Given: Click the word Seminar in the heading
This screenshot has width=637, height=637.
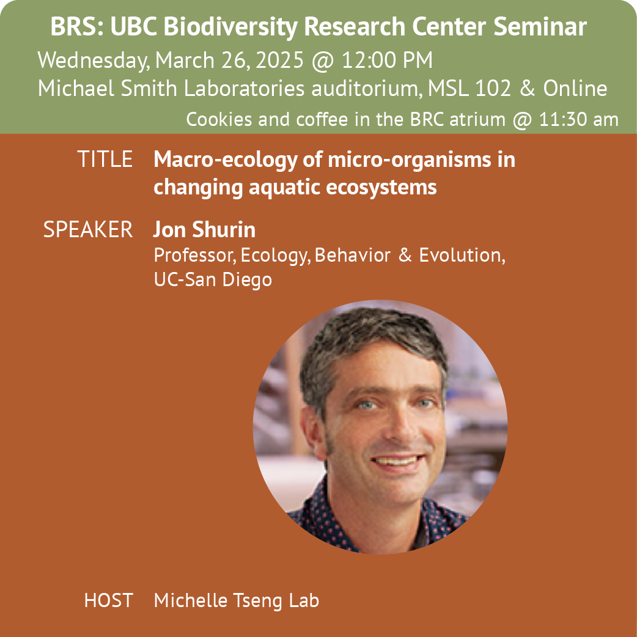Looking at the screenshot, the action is click(540, 27).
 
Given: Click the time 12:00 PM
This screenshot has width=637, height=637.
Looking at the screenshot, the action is click(387, 60).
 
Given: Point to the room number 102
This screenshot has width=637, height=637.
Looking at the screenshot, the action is click(492, 88).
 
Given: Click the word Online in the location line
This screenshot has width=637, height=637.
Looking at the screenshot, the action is click(575, 88).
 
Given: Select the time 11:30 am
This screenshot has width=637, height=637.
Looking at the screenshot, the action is click(578, 119).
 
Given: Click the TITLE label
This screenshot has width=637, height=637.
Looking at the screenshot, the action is click(105, 159).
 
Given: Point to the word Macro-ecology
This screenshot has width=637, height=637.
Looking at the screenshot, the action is click(226, 160).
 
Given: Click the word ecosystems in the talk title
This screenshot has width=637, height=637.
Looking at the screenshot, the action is click(381, 188).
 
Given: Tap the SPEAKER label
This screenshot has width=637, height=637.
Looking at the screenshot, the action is click(88, 229).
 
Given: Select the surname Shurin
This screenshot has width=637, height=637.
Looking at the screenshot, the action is click(224, 229).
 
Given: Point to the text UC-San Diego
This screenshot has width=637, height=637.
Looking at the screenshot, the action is click(213, 280).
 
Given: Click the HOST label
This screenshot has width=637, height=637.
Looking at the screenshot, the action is click(108, 600).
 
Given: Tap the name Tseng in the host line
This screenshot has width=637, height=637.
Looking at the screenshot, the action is click(257, 601).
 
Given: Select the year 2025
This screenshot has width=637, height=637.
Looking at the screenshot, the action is click(279, 60).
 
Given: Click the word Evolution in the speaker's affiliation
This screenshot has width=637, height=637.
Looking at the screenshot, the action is click(462, 256).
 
